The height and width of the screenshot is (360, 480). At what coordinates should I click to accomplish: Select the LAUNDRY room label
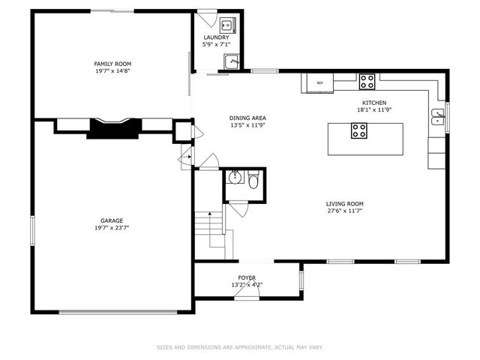tap(216, 37)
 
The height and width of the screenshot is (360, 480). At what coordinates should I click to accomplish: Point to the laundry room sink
tap(232, 62)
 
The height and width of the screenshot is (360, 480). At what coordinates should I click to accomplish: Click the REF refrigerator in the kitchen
tap(319, 83)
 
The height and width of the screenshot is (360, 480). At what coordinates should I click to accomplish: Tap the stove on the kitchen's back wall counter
tap(367, 78)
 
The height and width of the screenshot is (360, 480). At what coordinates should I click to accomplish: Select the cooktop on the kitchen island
tap(359, 131)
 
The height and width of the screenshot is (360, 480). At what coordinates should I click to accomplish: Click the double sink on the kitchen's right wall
tap(438, 116)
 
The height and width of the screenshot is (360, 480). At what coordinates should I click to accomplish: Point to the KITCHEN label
tap(374, 103)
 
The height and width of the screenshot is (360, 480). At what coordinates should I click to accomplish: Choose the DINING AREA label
tap(247, 118)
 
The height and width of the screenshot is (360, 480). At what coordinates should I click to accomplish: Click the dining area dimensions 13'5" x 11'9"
tap(247, 125)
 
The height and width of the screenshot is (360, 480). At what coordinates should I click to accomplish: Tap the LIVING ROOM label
tap(344, 204)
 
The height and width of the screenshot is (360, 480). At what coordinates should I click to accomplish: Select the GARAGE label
tap(112, 220)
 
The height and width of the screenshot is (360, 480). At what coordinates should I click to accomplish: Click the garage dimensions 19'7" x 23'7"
tap(112, 228)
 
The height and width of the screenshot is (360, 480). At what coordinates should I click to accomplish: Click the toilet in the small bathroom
tap(253, 181)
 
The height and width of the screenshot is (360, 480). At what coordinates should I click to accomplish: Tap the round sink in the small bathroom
tap(234, 178)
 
